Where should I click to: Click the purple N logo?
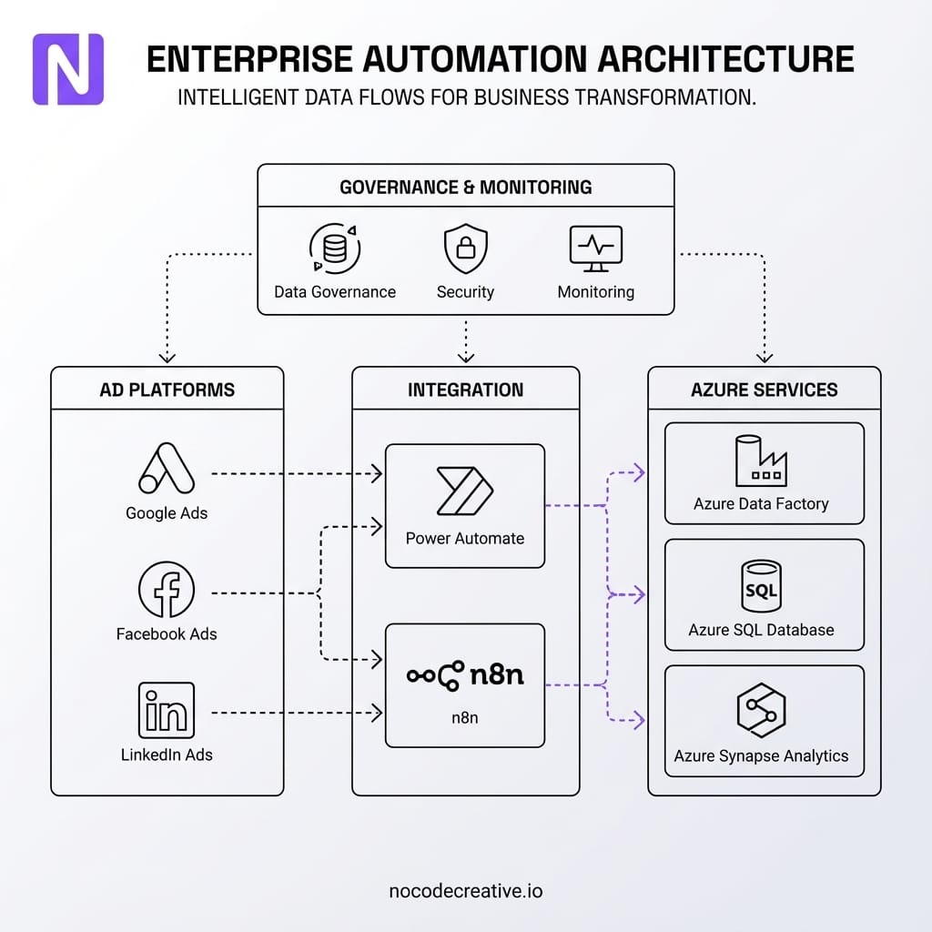coord(68,69)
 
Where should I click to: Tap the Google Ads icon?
coord(167,469)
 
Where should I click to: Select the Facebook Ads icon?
coord(167,590)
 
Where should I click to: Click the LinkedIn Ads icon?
coord(167,710)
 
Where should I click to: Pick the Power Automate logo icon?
coord(464,491)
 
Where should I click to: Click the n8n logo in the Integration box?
coord(464,675)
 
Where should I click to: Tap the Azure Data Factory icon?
coord(761,461)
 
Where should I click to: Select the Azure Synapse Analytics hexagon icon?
coord(761,710)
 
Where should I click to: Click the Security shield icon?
coord(465,249)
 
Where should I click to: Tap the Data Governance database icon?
coord(335,248)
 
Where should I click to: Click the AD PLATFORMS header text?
coord(167,390)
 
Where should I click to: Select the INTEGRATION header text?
coord(465,390)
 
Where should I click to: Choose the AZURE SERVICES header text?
coord(764,390)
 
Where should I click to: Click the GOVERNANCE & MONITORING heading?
coord(465,187)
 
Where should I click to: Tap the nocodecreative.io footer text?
coord(465,891)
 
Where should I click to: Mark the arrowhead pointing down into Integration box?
coord(465,358)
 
